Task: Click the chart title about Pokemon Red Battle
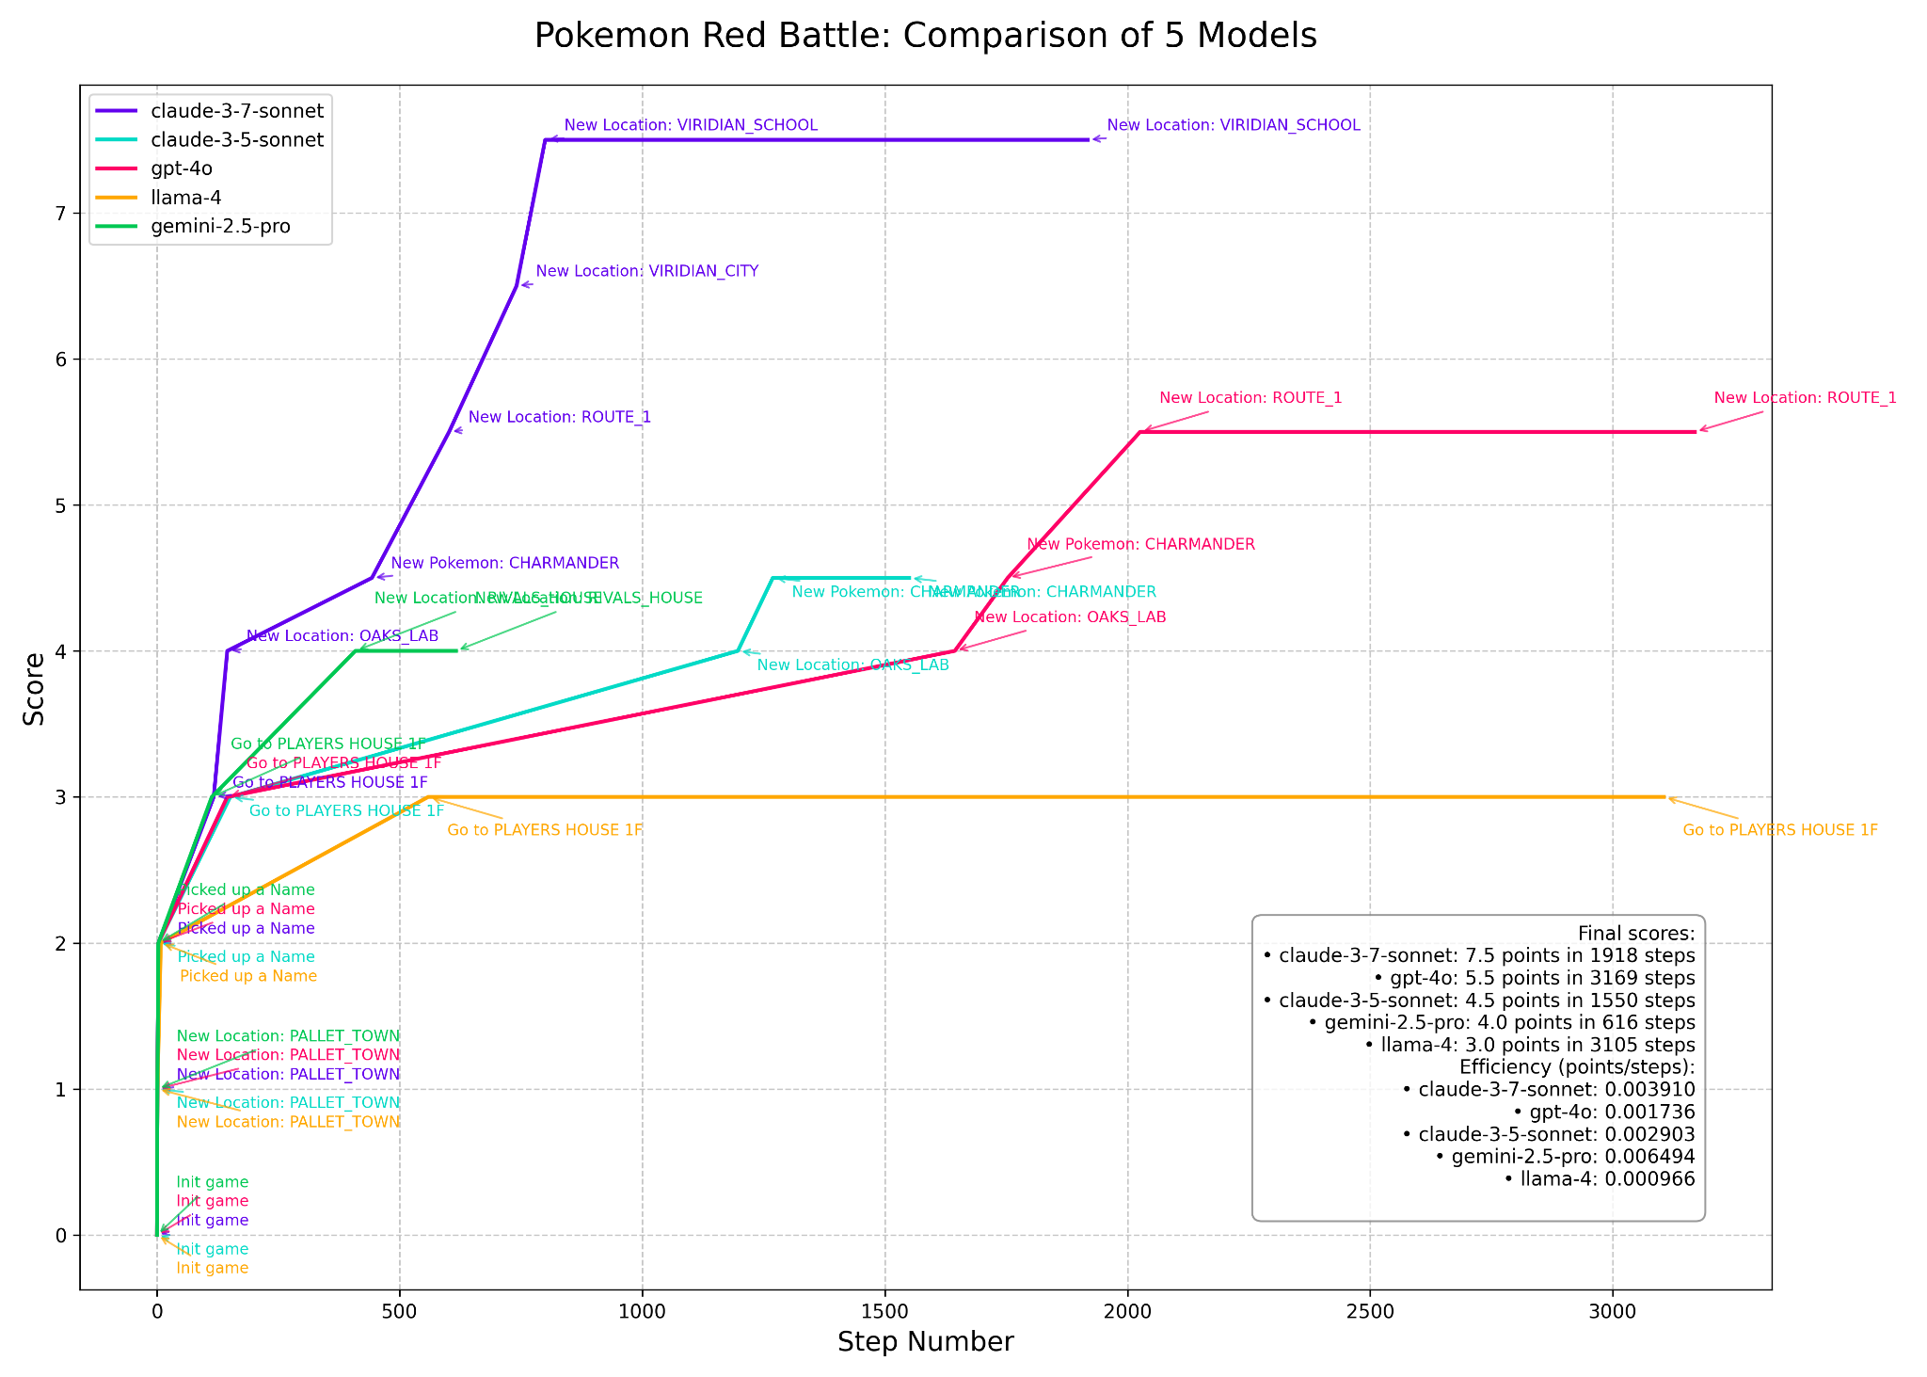pos(925,36)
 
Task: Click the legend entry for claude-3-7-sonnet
pos(236,111)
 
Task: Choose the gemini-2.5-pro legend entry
pos(220,227)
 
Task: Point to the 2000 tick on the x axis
pos(1127,1309)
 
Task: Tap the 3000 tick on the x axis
pos(1613,1309)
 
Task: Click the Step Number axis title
pos(925,1342)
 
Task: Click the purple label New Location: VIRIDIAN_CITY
pos(646,271)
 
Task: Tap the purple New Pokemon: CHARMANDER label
pos(504,563)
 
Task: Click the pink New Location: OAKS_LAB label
pos(1070,617)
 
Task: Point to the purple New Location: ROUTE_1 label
pos(559,417)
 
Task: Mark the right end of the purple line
pos(1088,139)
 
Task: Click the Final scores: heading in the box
pos(1635,933)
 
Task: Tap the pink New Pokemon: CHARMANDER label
pos(1140,544)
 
